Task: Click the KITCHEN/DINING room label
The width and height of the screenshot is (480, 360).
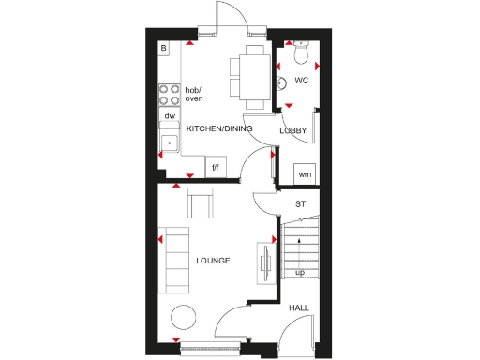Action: (219, 128)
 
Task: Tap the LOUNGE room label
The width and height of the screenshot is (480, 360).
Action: (214, 260)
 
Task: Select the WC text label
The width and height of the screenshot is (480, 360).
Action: (301, 81)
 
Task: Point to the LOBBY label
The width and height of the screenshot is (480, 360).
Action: (293, 130)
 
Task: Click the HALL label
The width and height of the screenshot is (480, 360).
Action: (299, 307)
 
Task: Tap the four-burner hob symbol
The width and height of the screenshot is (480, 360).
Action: (170, 94)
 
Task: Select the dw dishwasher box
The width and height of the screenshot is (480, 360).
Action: (170, 116)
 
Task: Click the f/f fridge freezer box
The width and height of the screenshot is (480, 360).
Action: (215, 168)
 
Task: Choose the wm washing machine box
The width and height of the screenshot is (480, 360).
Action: (304, 174)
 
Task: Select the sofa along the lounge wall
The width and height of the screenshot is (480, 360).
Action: (173, 259)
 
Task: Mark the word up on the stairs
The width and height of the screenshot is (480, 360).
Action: (300, 273)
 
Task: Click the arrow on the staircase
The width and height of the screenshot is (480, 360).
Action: (299, 251)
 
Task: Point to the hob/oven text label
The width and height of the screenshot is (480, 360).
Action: (194, 94)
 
